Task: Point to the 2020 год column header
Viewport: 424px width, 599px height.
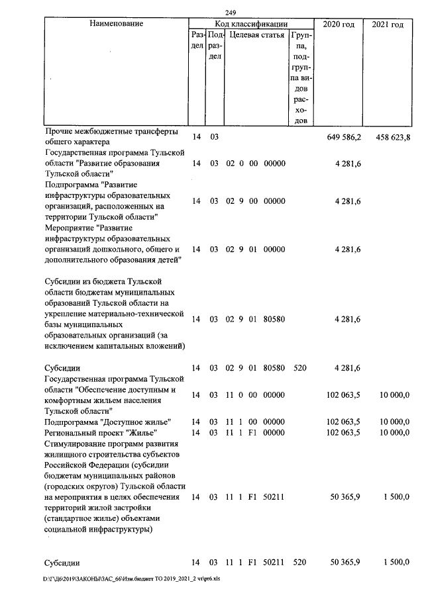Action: [339, 24]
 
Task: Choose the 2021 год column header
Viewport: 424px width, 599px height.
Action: [388, 24]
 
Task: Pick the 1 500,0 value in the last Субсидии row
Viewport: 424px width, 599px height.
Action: [396, 563]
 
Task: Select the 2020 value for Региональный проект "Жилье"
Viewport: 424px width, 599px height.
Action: [344, 432]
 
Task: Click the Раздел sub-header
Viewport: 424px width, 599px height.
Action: [197, 41]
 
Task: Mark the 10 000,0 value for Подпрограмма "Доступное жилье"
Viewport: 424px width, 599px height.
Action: [394, 422]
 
